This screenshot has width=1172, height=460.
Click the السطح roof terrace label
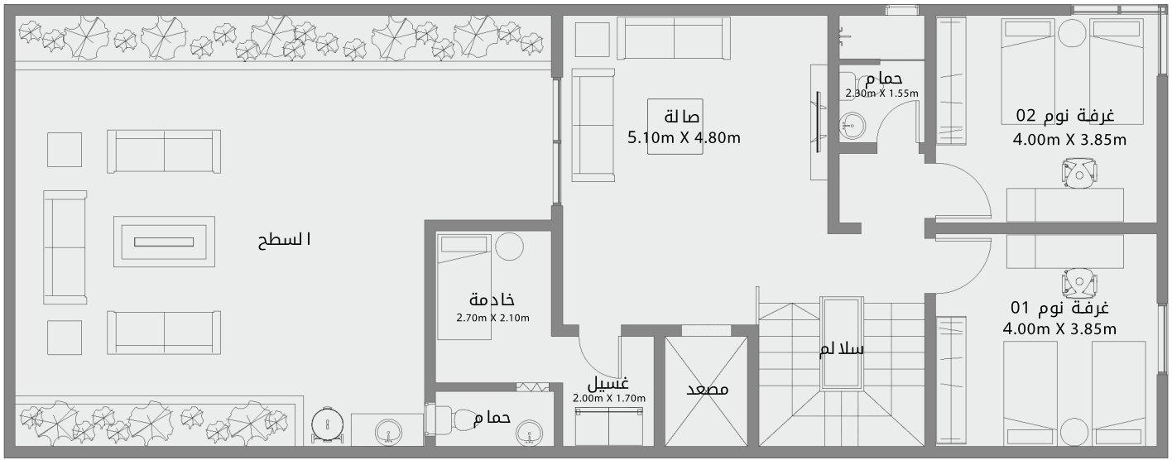[285, 241]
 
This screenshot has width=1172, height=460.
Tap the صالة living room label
[681, 116]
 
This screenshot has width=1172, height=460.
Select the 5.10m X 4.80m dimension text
[684, 137]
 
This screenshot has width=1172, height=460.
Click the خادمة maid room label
[492, 299]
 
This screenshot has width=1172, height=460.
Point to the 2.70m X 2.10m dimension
[492, 318]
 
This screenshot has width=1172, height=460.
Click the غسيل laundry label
[608, 384]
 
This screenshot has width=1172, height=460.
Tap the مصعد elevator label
[707, 390]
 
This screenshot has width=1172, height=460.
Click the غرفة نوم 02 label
[1065, 115]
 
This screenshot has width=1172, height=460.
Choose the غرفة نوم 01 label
[1059, 308]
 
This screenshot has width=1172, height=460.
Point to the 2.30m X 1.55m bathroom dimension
[881, 93]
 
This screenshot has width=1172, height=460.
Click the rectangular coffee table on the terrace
[164, 242]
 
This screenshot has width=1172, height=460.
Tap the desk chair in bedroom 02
[1079, 173]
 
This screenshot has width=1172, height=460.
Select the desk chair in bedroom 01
[1079, 282]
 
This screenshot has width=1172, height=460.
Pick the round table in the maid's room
[510, 247]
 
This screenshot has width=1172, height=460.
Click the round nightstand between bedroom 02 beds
[1072, 36]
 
